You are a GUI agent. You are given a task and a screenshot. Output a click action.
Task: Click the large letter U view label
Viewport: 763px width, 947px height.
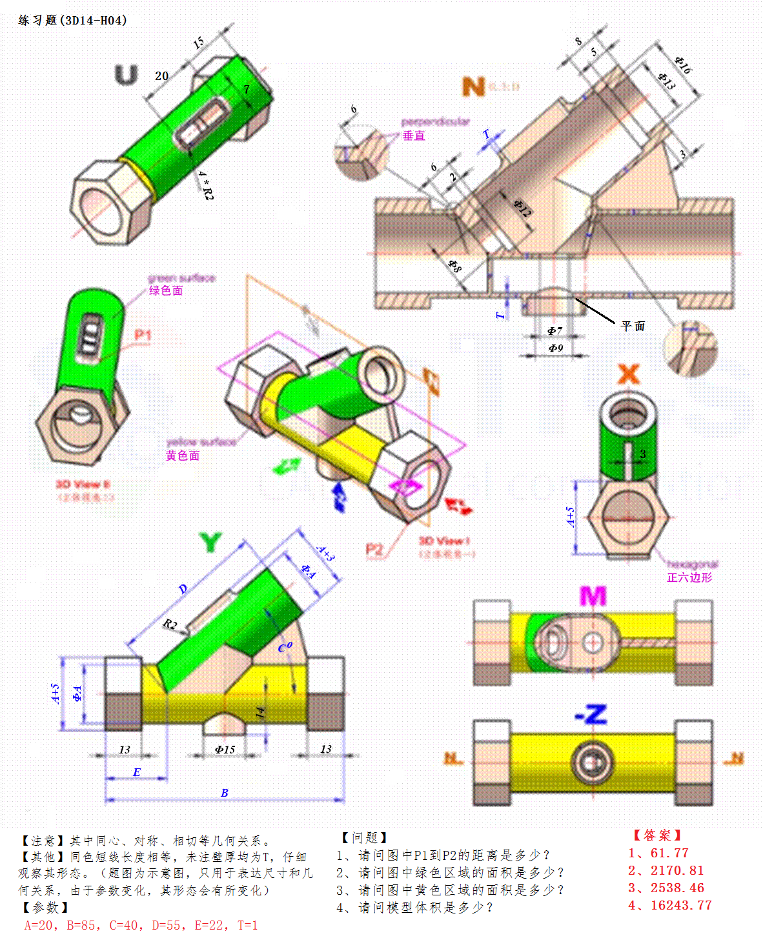point(127,75)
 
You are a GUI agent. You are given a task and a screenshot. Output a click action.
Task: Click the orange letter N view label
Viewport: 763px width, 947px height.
point(473,86)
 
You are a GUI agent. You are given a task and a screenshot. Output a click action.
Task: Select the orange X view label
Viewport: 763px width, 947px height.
point(628,374)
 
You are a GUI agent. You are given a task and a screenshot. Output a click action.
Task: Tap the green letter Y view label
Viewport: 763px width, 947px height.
point(210,543)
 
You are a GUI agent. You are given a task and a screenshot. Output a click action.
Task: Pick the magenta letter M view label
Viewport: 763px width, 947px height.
point(593,596)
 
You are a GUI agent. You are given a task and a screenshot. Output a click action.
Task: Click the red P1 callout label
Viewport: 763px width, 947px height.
point(143,335)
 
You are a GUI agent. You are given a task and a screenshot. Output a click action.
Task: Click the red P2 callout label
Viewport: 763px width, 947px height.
point(374,549)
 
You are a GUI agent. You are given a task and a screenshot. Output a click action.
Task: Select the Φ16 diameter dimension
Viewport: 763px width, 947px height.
point(682,65)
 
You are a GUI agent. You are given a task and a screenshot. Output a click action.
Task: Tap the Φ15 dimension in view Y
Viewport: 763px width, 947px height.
point(225,750)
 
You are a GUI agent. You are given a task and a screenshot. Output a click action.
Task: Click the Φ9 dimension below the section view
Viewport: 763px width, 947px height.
point(555,348)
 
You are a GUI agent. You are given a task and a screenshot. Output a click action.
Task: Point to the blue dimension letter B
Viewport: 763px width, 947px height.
point(224,793)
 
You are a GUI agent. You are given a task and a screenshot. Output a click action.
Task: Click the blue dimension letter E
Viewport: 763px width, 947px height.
point(136,772)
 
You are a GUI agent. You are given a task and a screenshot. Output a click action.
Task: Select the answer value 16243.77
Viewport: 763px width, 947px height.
point(680,906)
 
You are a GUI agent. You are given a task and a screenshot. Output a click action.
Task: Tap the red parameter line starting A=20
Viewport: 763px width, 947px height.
point(141,926)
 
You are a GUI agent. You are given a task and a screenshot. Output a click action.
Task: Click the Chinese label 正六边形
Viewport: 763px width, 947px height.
point(689,578)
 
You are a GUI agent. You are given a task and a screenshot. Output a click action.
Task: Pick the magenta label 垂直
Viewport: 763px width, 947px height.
point(414,135)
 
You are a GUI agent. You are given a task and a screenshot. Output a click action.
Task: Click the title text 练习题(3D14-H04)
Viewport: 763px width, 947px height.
point(72,21)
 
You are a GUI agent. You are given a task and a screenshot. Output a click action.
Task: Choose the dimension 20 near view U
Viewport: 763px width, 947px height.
point(161,76)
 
